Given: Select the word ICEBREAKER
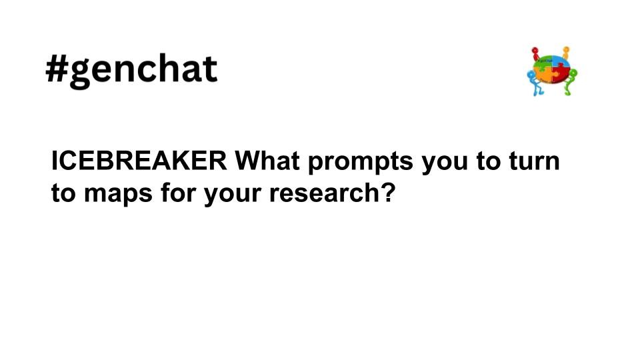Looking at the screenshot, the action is [x=139, y=161].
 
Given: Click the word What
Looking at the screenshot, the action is [x=267, y=161].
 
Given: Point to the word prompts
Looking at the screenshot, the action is [x=361, y=163].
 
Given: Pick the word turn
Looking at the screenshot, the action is [x=534, y=161].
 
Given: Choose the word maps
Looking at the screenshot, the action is [x=118, y=194].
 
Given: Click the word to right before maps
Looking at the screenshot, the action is [x=63, y=193].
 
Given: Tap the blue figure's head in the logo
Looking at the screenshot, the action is [x=531, y=75].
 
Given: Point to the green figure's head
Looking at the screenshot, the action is [x=573, y=73].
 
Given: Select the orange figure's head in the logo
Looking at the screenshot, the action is [x=566, y=50].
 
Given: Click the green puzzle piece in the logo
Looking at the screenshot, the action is [x=543, y=62].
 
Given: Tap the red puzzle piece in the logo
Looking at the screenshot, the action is [x=561, y=74].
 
